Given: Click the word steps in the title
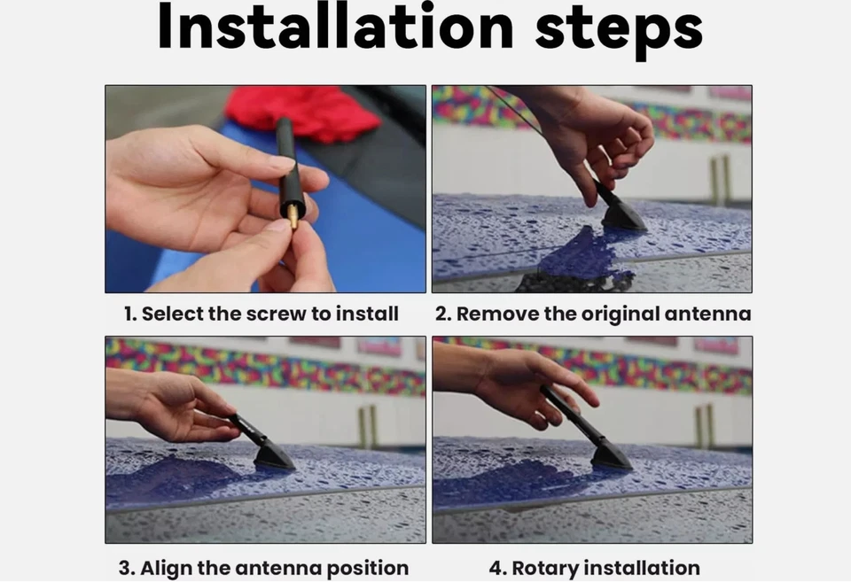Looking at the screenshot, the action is (x=620, y=30).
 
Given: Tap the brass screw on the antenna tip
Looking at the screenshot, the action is (x=293, y=216).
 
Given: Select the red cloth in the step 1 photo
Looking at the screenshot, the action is (x=304, y=113).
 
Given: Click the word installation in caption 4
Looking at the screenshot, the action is (x=644, y=568).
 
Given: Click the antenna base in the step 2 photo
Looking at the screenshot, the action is (x=623, y=215).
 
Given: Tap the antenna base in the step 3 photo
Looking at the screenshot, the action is (x=274, y=455).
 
